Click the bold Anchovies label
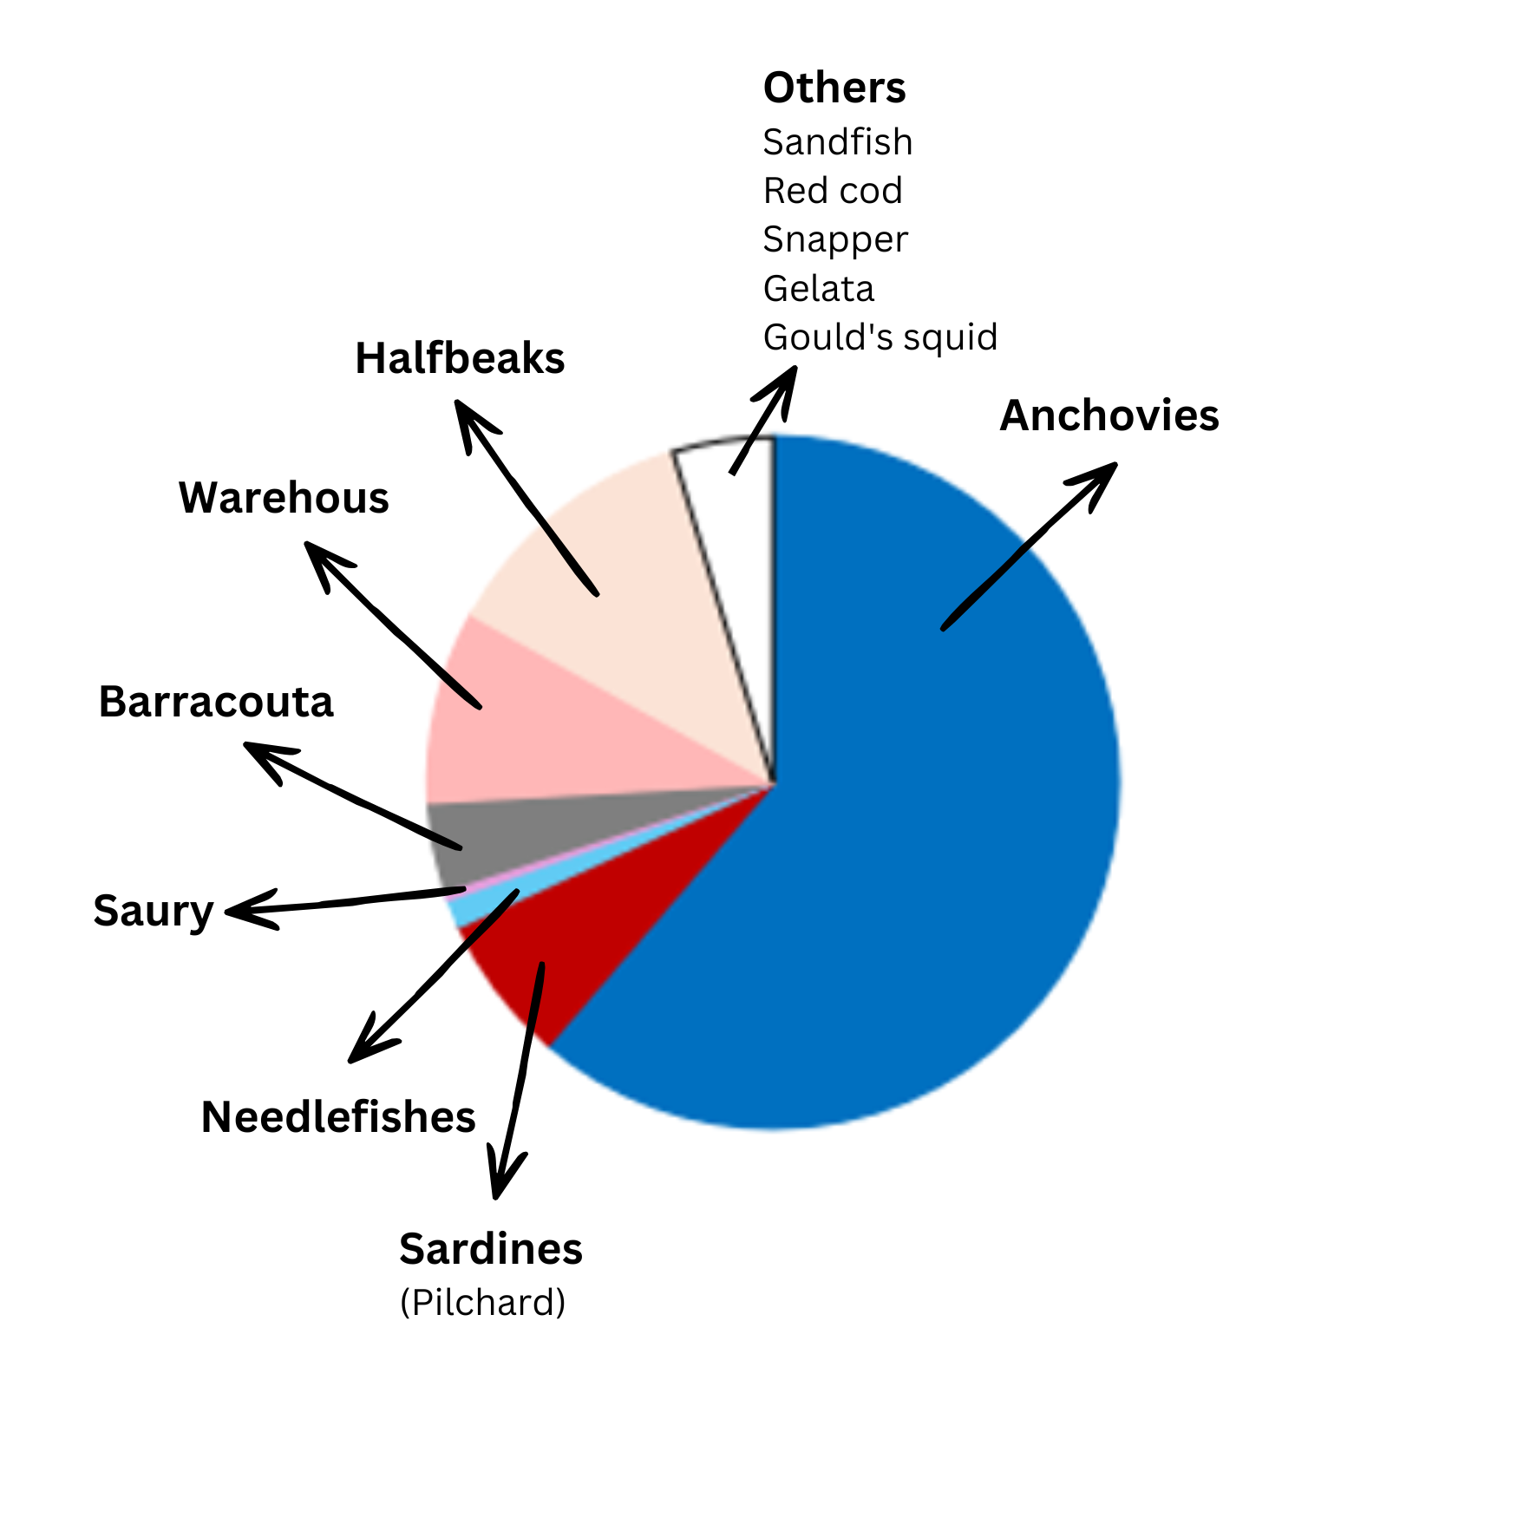click(1109, 415)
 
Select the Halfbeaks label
click(460, 358)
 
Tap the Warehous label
click(284, 498)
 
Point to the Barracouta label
click(216, 702)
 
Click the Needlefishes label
click(338, 1117)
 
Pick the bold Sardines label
click(491, 1249)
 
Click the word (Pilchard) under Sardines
click(483, 1303)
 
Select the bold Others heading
click(834, 88)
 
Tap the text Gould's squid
click(880, 337)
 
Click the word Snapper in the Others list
click(835, 240)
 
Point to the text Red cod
click(833, 191)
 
